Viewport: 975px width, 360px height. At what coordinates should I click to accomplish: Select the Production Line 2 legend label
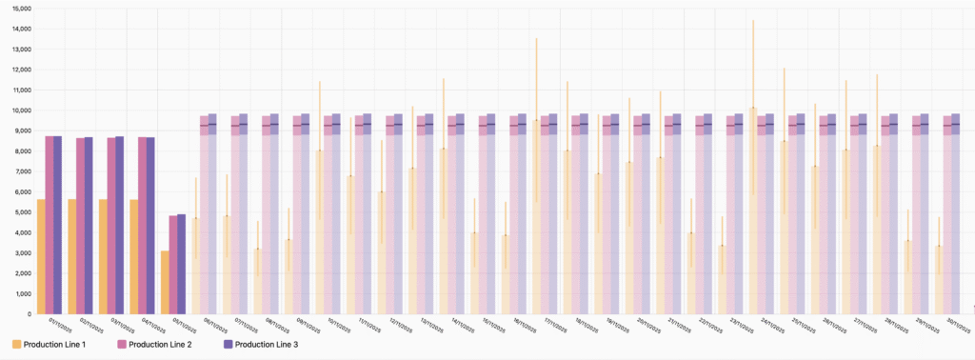click(x=160, y=344)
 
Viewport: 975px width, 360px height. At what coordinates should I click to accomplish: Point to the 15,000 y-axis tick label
click(x=19, y=9)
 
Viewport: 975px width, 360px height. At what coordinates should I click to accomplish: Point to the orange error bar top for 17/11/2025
click(x=536, y=39)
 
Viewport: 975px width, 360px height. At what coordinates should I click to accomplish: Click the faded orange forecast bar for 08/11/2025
click(x=257, y=282)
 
